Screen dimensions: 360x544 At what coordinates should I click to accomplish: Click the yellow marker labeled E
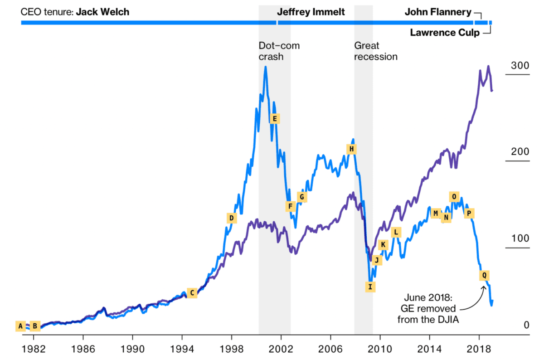pos(274,119)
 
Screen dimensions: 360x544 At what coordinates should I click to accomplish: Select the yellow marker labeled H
pos(351,149)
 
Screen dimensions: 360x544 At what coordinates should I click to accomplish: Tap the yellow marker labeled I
pos(370,287)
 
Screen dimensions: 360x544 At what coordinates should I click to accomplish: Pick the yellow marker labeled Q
pos(484,275)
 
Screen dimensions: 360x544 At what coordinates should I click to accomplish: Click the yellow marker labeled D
pos(232,218)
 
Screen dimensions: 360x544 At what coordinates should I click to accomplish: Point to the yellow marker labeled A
pos(20,326)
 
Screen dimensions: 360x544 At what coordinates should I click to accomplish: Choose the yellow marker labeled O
pos(454,196)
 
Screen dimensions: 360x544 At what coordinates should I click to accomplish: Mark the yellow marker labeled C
pos(192,293)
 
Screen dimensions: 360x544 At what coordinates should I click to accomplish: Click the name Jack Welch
pos(102,12)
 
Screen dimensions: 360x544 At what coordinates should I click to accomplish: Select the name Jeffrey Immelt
pos(311,12)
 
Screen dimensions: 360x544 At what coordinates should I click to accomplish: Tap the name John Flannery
pos(438,12)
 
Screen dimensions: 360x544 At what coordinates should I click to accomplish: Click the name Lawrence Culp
pos(445,33)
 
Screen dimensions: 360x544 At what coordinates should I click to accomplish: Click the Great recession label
pos(375,51)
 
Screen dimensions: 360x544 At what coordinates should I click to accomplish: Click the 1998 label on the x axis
pos(232,350)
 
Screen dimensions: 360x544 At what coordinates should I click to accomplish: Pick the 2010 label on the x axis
pos(380,350)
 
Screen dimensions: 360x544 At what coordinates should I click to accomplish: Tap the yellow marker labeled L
pos(396,232)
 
